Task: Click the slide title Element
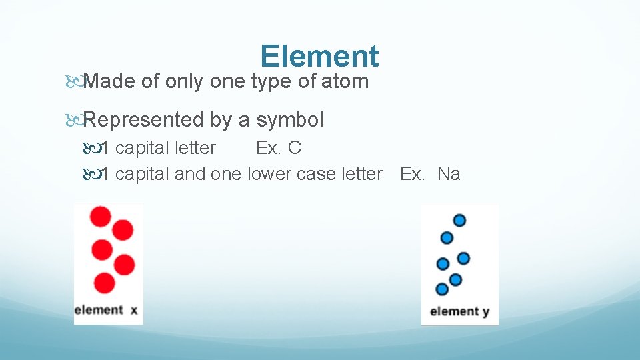tap(319, 57)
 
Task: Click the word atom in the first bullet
tap(344, 81)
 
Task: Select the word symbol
tap(290, 120)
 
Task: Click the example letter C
tap(294, 147)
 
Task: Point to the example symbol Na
tap(449, 174)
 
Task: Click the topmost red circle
tap(101, 217)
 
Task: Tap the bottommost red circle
tap(104, 283)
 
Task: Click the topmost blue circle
tap(459, 220)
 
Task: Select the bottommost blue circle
tap(441, 289)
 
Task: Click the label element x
tap(107, 310)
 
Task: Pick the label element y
tap(460, 311)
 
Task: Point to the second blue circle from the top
tap(447, 237)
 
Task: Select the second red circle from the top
tap(123, 230)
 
